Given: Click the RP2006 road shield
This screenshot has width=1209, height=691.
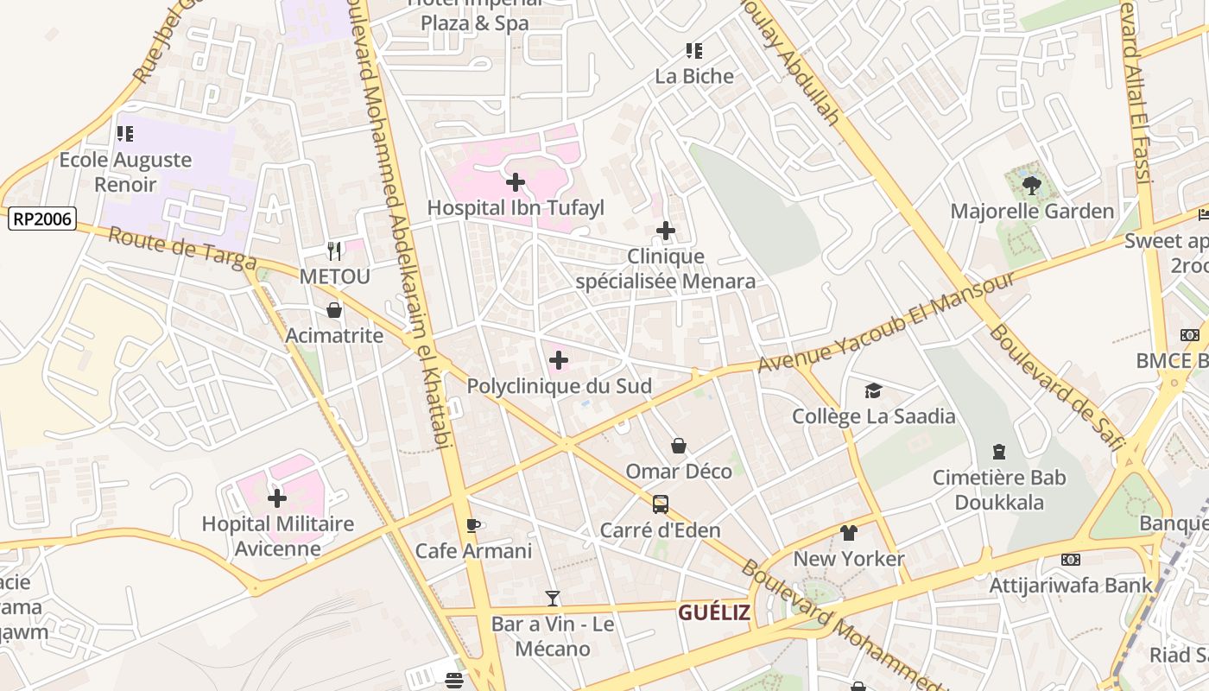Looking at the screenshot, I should point(42,219).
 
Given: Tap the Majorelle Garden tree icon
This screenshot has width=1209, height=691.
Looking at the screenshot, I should point(1031,184).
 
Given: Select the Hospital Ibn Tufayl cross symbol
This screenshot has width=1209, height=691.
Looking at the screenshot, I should point(516,181).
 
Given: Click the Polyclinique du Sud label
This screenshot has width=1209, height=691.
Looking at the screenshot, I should point(559,386).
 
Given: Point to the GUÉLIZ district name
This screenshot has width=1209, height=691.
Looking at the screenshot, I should point(713,613).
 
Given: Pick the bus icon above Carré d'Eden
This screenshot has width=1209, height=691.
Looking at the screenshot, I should point(660,504).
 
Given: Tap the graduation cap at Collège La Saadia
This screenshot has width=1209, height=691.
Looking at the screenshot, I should point(873,391).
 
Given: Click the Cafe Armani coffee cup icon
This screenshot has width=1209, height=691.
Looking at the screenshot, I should point(472,525).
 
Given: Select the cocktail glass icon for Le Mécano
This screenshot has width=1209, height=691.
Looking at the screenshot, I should point(553,598).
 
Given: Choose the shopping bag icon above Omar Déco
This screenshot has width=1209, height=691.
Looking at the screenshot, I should point(679,446).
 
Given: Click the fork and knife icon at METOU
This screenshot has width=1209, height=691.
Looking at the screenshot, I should point(334,251).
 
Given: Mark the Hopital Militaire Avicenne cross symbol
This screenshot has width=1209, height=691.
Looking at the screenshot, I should point(277,498).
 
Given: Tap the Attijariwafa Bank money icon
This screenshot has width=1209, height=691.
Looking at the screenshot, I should point(1070,560).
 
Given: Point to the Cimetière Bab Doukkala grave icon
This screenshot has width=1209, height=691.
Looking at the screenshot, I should point(999,452).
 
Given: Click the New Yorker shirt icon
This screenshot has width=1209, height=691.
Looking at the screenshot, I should point(849,533).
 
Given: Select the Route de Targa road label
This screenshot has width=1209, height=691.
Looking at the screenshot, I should point(182,248).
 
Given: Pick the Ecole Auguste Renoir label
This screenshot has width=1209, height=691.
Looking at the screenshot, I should point(125,172).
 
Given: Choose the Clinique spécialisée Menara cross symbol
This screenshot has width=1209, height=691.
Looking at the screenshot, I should point(665,231).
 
